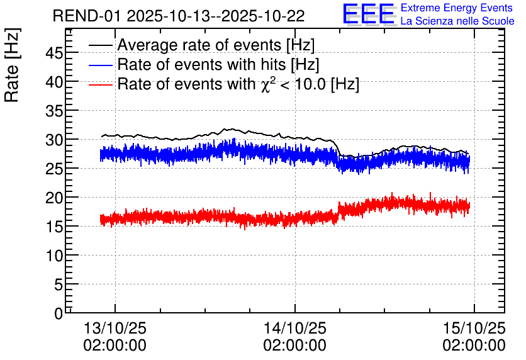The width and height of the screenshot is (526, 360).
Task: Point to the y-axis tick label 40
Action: click(54, 82)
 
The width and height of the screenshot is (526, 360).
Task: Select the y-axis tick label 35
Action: click(54, 111)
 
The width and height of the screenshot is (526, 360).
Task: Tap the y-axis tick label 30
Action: click(54, 140)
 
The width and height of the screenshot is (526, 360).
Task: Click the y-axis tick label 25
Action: click(54, 169)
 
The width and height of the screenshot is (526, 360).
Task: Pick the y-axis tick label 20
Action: click(54, 198)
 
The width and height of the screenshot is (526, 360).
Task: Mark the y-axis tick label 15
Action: click(54, 227)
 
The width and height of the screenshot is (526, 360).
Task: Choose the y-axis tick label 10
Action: click(54, 256)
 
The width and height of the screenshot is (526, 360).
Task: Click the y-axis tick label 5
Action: click(59, 284)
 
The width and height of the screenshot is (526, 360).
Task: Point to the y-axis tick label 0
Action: click(59, 313)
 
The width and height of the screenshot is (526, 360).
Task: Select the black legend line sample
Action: click(101, 46)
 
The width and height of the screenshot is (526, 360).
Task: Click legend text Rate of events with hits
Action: click(218, 65)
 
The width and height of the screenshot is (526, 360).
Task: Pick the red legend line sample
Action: click(101, 84)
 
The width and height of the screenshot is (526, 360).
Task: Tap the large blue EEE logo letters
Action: click(369, 14)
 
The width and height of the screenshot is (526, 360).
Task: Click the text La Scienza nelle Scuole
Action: click(457, 21)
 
